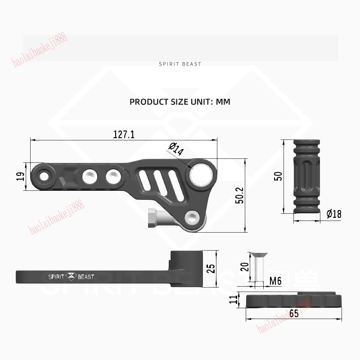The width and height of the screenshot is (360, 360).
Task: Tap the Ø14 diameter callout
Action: click(176, 149)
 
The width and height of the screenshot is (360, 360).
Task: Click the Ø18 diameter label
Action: click(333, 214)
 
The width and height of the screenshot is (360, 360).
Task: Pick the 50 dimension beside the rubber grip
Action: click(279, 176)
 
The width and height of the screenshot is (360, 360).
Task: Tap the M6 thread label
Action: click(275, 282)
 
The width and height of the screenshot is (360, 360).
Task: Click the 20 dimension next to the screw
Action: click(245, 266)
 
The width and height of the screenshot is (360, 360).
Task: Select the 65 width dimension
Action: click(294, 314)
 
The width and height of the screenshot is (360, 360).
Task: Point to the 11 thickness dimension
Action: click(233, 299)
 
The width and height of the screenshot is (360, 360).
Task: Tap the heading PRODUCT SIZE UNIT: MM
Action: click(180, 102)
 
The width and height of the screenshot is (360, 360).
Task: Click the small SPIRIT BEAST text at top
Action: click(180, 64)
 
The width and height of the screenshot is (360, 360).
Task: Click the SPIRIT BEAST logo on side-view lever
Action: click(71, 276)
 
